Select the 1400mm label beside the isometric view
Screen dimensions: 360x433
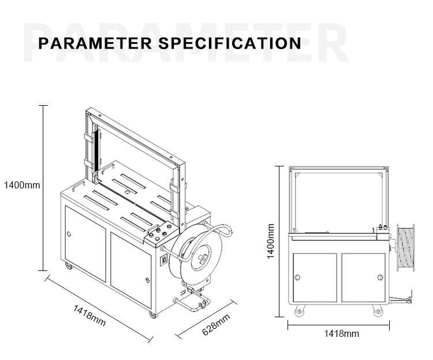pyautogui.click(x=21, y=185)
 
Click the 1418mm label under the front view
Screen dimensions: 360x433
pyautogui.click(x=341, y=333)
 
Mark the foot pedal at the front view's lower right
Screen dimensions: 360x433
pyautogui.click(x=404, y=300)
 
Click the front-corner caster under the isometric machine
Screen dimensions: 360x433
pyautogui.click(x=153, y=314)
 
